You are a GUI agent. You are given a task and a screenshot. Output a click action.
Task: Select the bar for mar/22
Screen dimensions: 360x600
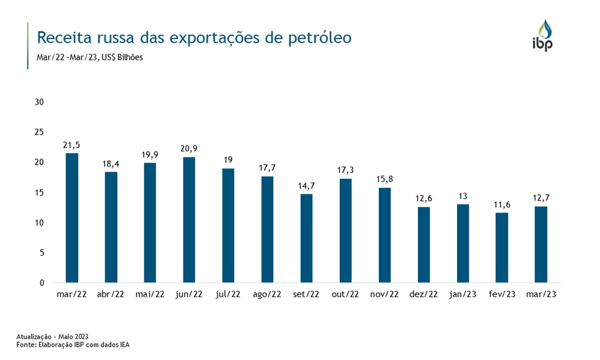pos(72,218)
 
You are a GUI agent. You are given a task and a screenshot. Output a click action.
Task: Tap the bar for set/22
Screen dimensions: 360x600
pos(306,238)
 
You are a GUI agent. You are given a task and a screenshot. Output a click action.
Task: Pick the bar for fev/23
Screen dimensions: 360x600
pos(502,247)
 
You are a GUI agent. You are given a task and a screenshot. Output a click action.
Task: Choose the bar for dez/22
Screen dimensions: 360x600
pos(424,245)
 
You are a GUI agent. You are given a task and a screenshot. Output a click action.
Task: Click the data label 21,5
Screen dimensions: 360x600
pos(72,145)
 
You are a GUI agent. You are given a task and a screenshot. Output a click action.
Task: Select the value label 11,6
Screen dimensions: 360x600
pos(502,205)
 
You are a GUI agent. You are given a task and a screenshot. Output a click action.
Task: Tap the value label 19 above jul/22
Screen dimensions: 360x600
pos(228,161)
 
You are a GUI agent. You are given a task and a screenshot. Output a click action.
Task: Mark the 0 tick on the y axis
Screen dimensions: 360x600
pos(42,283)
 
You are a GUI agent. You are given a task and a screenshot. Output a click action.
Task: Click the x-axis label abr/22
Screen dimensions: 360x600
pos(111,295)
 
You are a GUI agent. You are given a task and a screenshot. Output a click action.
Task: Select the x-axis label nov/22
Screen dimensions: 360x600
pos(385,295)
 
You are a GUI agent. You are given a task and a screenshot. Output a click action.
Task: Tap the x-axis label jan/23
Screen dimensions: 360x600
pos(463,295)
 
